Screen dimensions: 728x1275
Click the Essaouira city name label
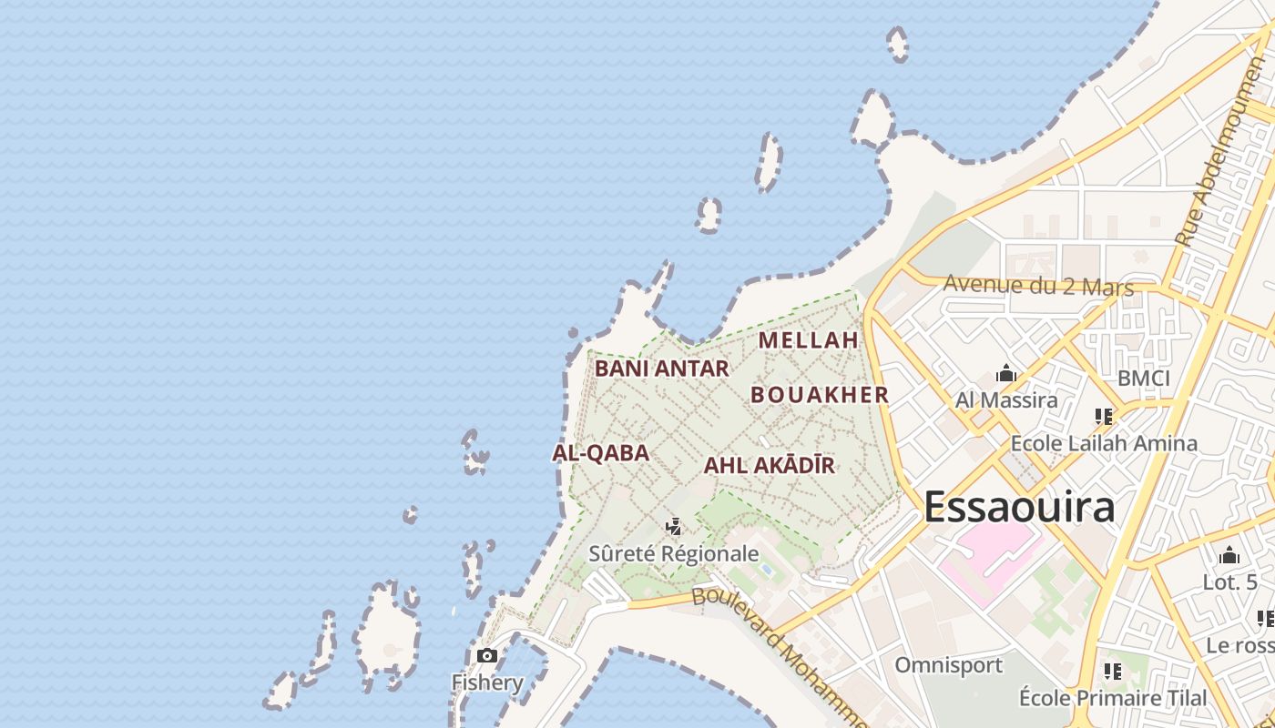[x=1019, y=507]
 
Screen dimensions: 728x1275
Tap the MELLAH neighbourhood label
[x=809, y=340]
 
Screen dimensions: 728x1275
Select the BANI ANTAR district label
[x=662, y=369]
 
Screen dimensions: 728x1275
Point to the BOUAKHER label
[x=820, y=395]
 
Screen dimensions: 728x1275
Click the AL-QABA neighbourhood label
[x=600, y=452]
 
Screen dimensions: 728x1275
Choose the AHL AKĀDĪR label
[x=769, y=466]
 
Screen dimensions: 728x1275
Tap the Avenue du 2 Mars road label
[x=1038, y=286]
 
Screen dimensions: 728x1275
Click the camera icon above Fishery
[x=487, y=655]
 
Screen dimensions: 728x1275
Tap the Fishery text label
[x=487, y=682]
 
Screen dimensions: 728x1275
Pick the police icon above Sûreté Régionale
[x=674, y=526]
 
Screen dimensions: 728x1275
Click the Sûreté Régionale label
[x=674, y=553]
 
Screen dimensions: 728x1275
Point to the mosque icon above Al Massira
[x=1006, y=373]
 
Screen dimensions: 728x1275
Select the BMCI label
[x=1144, y=379]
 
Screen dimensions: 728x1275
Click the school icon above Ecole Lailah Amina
[x=1104, y=417]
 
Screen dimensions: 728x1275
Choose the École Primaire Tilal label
[x=1113, y=698]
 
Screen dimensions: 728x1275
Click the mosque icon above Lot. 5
[x=1229, y=555]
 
